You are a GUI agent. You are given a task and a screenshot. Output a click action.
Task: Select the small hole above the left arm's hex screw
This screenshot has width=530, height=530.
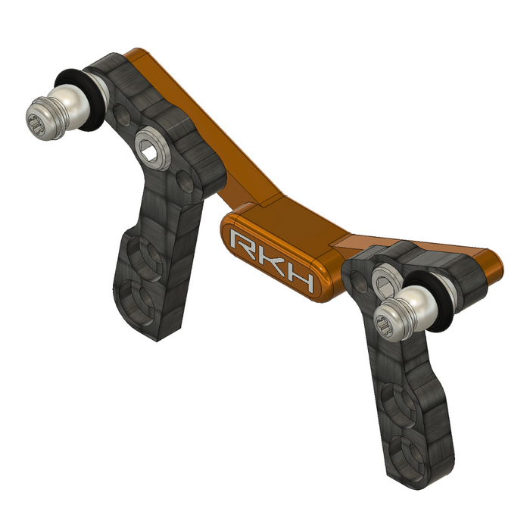click(x=122, y=115)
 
